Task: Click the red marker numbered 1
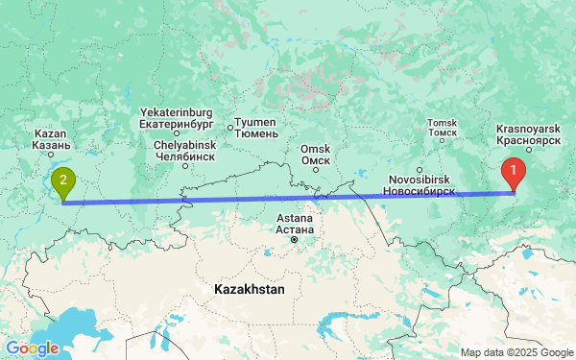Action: coord(514,174)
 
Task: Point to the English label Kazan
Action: coord(50,132)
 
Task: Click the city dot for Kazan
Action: coord(51,154)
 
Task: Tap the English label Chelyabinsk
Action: coord(185,145)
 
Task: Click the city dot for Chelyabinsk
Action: coord(185,166)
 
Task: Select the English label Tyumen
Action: coord(257,122)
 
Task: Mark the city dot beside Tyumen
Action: coord(230,127)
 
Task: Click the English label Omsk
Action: coord(315,149)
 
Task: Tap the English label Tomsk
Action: coord(443,123)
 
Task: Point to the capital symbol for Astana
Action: coord(294,239)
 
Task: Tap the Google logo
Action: coord(32,348)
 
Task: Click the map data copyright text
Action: coord(515,352)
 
